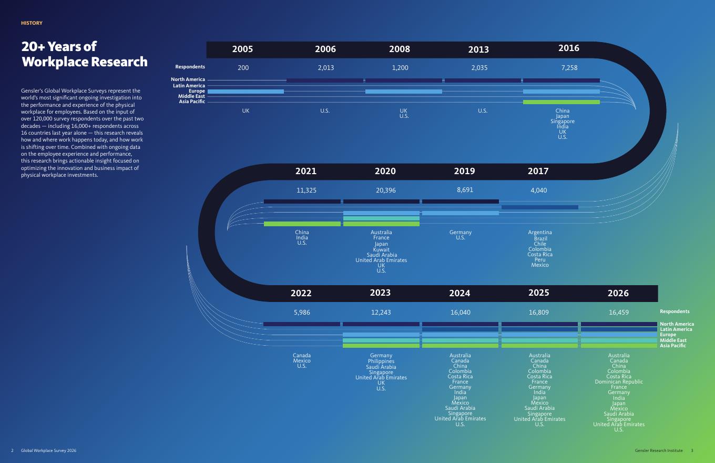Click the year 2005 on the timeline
click(x=242, y=49)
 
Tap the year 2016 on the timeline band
click(x=568, y=48)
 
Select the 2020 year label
click(x=385, y=171)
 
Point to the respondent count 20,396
click(x=385, y=190)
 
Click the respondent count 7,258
click(x=569, y=68)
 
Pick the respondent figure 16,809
click(x=538, y=312)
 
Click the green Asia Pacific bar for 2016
click(x=561, y=102)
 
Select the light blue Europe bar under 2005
click(x=246, y=92)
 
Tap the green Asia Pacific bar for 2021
click(x=302, y=224)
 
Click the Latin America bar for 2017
click(x=540, y=207)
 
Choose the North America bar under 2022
click(x=302, y=324)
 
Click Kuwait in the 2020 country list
click(x=381, y=249)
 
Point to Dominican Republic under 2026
click(x=619, y=381)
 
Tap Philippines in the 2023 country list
click(x=381, y=361)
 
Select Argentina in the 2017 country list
click(x=540, y=233)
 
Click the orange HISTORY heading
click(x=32, y=23)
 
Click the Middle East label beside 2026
click(x=673, y=340)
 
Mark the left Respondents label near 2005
click(x=190, y=67)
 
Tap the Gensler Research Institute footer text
click(x=659, y=450)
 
